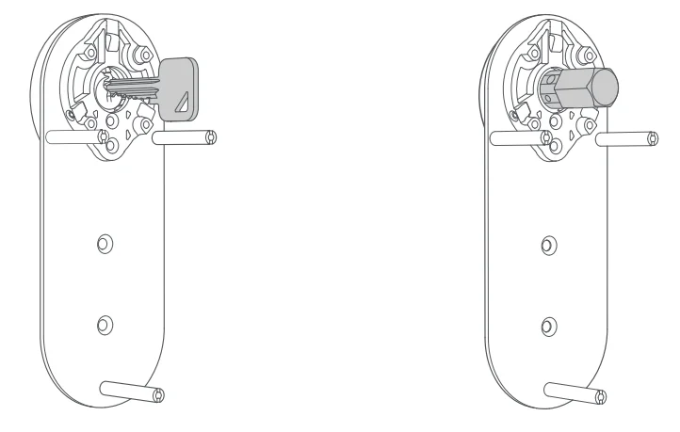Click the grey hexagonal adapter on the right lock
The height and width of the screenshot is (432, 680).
pos(580,89)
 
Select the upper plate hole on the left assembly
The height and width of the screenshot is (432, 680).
pos(104,245)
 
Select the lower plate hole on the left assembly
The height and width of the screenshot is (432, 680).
pos(105,325)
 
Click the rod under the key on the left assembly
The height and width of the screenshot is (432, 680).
pos(185,138)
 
